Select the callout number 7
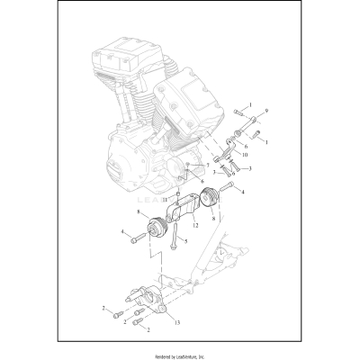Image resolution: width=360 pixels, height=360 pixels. click(206, 166)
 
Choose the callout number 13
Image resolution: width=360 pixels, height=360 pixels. click(176, 321)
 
